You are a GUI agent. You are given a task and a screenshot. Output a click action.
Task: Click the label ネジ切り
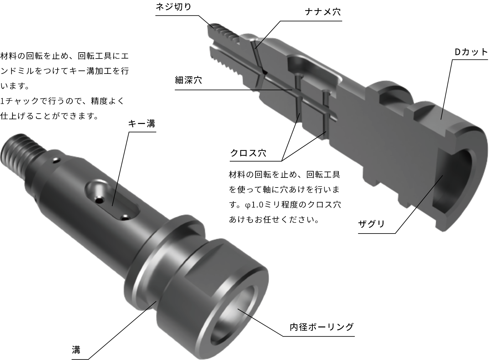(x=173, y=7)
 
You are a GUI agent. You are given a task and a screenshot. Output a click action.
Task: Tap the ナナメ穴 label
(x=323, y=12)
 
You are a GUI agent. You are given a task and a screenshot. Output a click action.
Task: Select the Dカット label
(x=471, y=52)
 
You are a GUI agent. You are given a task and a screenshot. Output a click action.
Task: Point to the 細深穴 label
(x=188, y=80)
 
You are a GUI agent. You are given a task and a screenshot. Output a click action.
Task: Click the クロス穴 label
(x=248, y=153)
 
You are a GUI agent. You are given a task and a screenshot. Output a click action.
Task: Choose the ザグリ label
(x=371, y=224)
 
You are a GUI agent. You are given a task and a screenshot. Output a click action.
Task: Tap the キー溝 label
(x=142, y=124)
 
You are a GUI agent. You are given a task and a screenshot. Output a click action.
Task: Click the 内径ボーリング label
(x=322, y=327)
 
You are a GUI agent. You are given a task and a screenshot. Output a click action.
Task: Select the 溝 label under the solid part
(x=76, y=350)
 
